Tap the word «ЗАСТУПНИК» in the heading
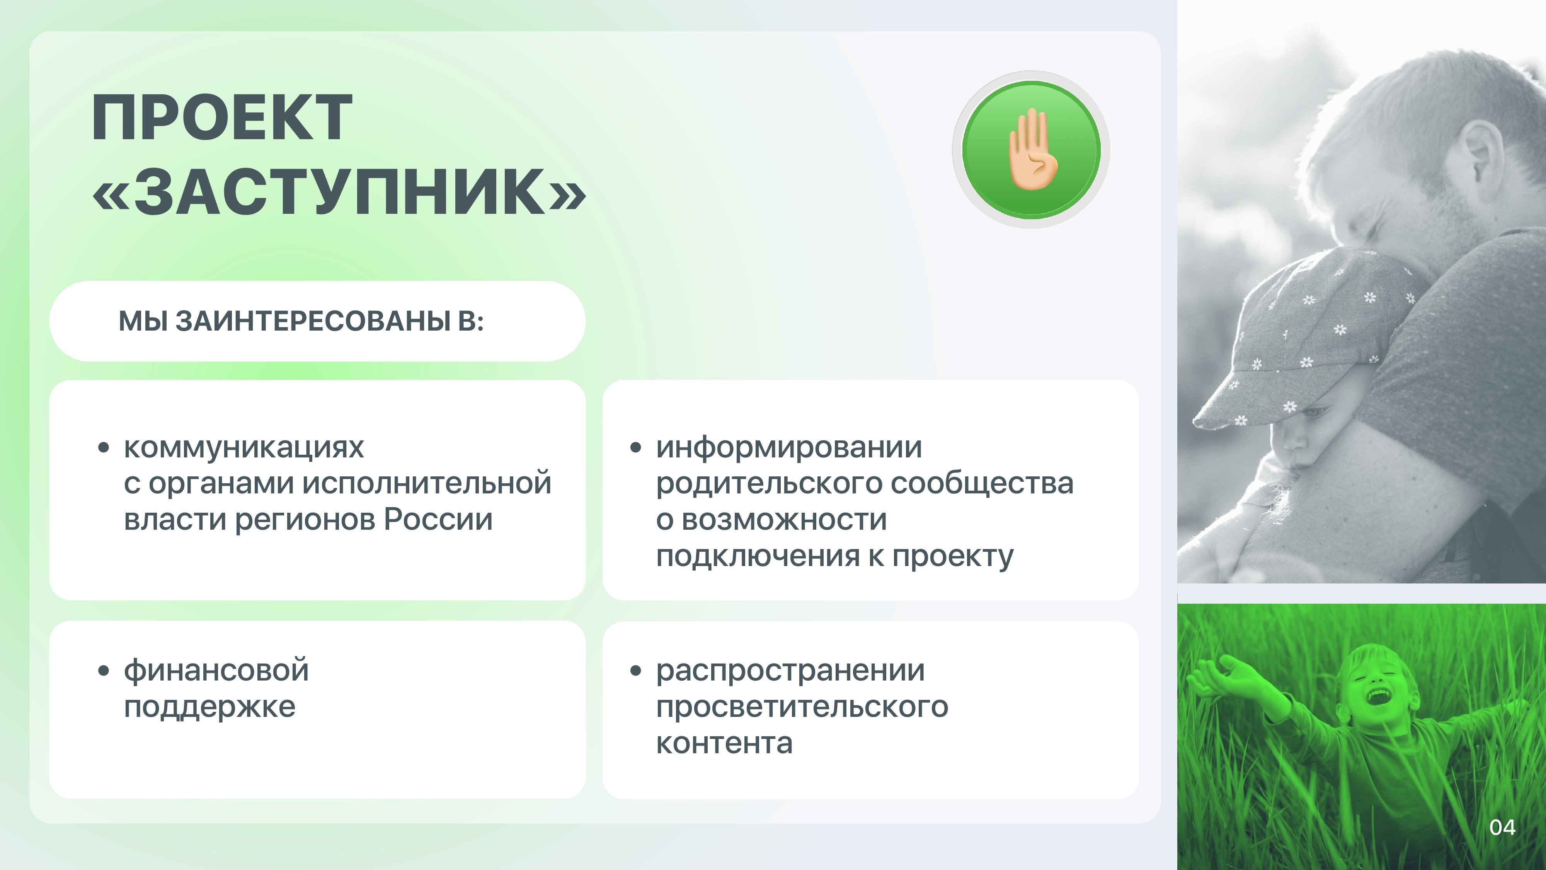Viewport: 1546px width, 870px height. [x=339, y=191]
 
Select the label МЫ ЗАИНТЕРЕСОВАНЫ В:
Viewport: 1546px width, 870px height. [x=301, y=321]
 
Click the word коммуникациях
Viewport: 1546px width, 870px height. [x=243, y=447]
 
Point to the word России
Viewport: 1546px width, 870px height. [x=438, y=519]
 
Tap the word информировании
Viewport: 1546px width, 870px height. [x=788, y=447]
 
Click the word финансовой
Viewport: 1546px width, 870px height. [x=216, y=670]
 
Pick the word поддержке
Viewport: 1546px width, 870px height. [x=209, y=707]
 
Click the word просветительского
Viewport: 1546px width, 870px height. [x=802, y=707]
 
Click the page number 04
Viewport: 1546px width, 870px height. [x=1502, y=827]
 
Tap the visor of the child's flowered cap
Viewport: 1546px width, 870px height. [x=1245, y=403]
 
